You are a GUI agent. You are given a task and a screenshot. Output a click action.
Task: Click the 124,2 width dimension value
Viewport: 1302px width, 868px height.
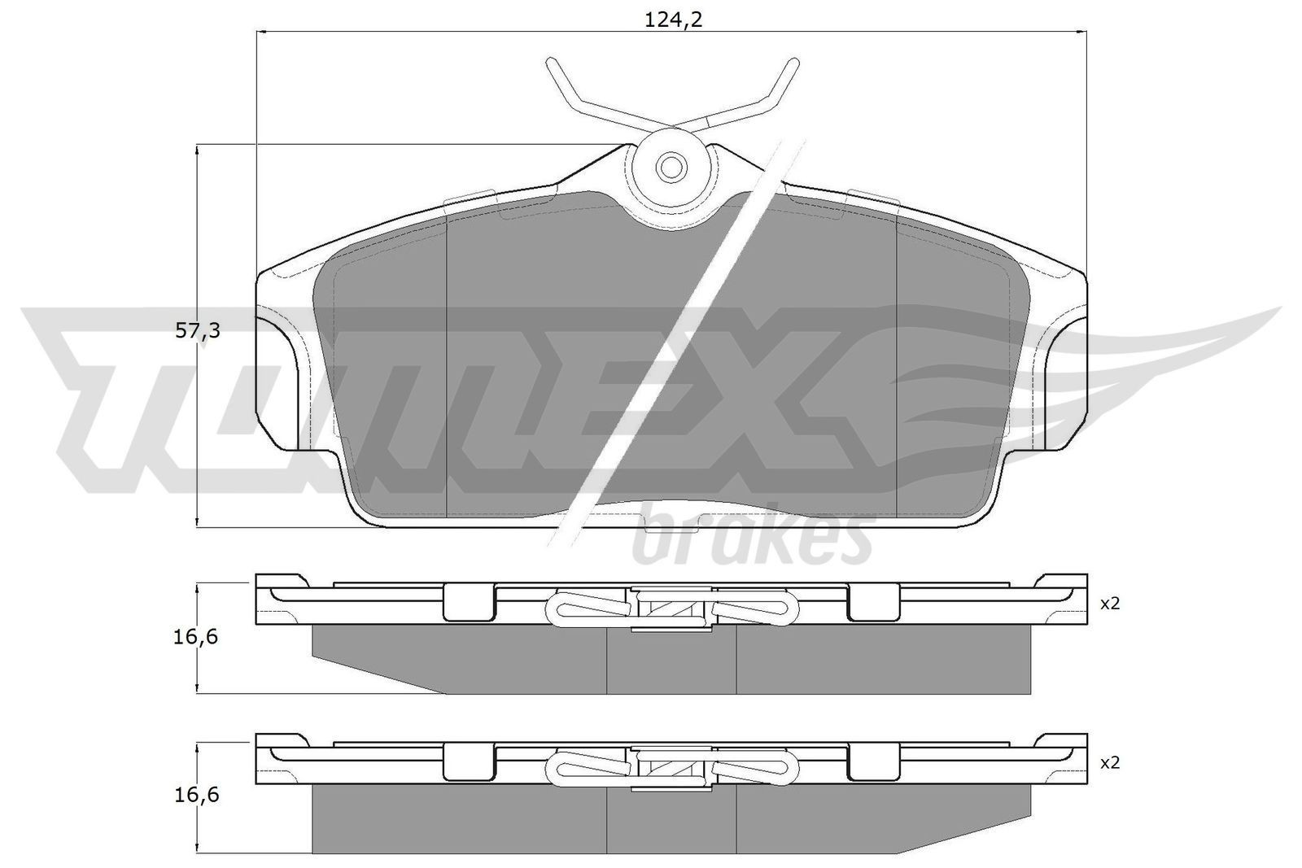(673, 20)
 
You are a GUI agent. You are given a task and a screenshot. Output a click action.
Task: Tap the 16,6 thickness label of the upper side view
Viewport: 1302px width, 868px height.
(195, 637)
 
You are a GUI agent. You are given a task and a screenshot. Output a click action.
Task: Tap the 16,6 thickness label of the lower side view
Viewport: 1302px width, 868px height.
(195, 795)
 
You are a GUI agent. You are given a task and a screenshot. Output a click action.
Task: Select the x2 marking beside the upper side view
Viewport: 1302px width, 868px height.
(1110, 604)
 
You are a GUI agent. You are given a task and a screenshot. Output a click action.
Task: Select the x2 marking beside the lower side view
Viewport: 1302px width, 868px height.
(1110, 763)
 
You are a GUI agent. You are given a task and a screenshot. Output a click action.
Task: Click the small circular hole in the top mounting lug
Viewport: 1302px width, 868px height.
(671, 167)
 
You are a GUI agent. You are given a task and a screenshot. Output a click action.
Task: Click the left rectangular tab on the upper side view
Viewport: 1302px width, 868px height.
(468, 603)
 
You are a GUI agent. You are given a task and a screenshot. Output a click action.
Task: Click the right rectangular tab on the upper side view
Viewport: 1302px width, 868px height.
(872, 603)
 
